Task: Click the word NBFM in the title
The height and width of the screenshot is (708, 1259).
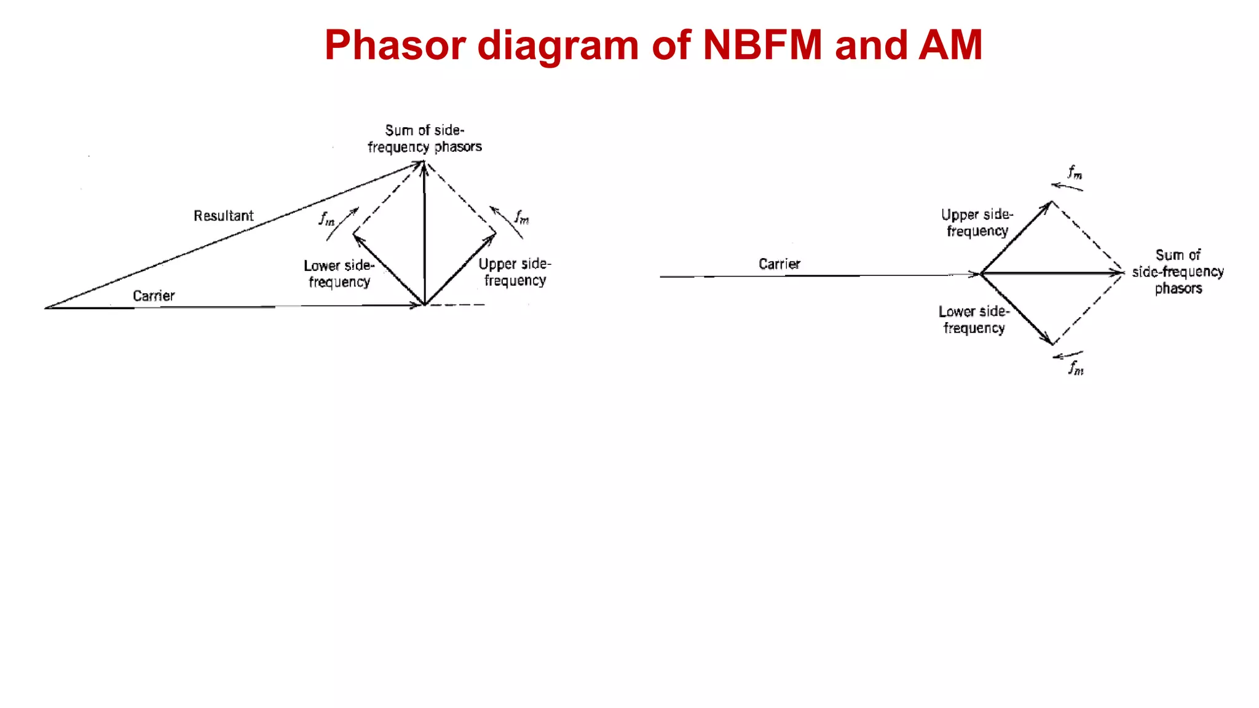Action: [x=762, y=45]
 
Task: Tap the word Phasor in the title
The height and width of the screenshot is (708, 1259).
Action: [x=395, y=45]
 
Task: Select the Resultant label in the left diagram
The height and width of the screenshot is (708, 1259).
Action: [x=223, y=216]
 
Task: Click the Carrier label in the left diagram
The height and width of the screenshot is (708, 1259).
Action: [x=154, y=296]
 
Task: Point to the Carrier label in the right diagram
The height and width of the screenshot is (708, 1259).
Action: [x=779, y=264]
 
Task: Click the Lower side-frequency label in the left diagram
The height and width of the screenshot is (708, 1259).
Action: [x=339, y=273]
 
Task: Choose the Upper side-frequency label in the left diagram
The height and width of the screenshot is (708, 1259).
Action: [x=515, y=272]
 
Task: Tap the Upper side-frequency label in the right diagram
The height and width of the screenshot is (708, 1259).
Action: [x=977, y=222]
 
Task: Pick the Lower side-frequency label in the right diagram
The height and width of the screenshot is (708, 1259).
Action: [x=974, y=320]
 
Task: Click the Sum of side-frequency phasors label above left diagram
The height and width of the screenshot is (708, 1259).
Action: [x=424, y=138]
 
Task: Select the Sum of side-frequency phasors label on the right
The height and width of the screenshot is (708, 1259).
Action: [x=1178, y=272]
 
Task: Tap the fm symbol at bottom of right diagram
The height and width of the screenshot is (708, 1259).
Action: [x=1076, y=368]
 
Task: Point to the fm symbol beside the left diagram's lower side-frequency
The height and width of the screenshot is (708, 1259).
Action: [x=327, y=218]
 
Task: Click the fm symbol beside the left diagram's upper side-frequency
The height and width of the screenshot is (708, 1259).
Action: [x=522, y=217]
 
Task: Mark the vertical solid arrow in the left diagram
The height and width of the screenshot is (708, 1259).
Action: [x=424, y=234]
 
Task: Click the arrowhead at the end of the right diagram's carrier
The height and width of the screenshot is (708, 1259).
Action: [x=974, y=274]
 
